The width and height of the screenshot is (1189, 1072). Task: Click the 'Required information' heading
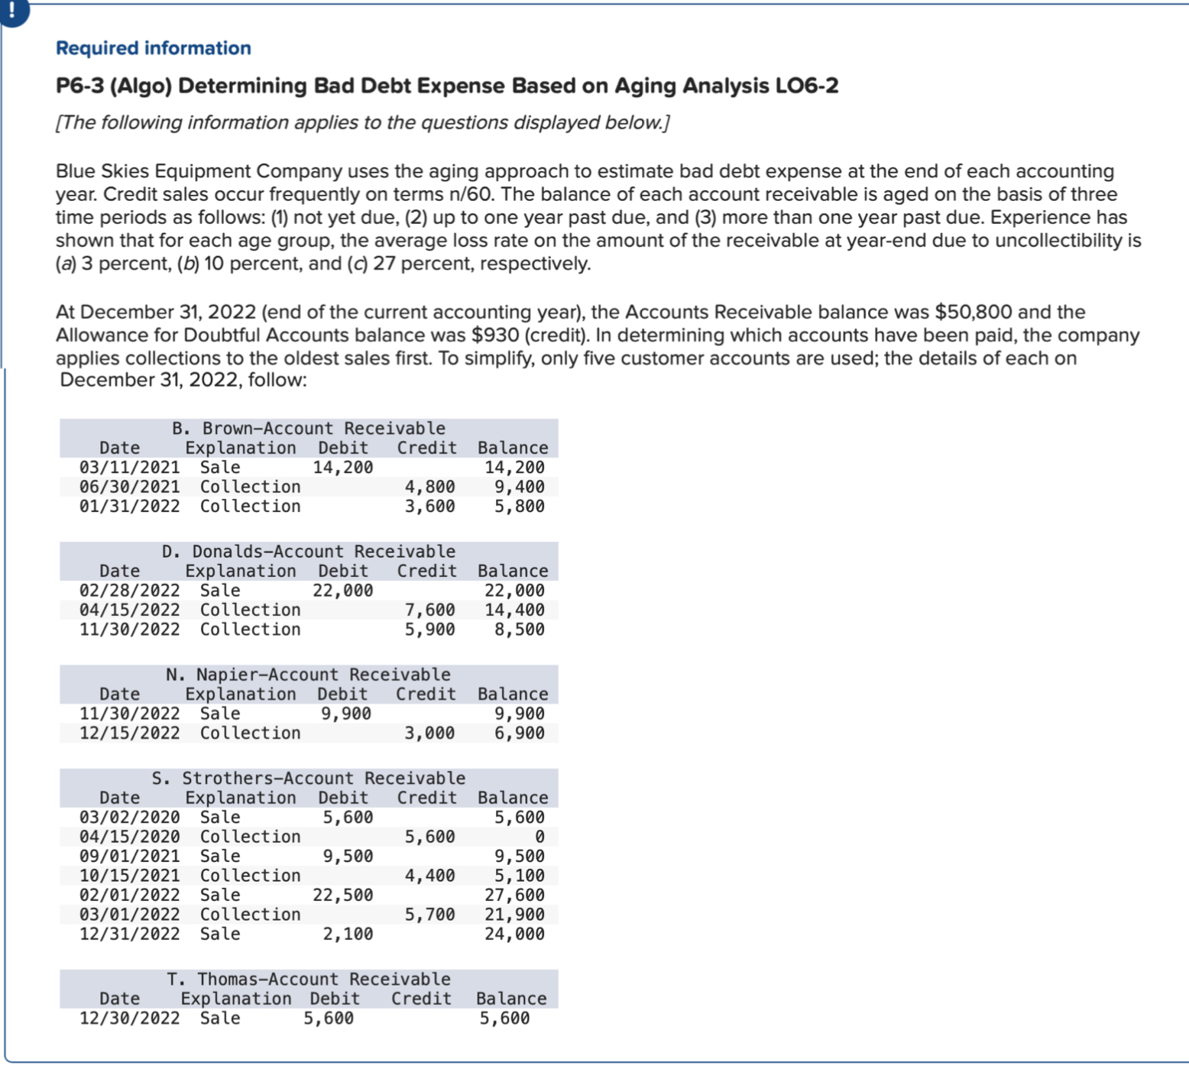click(153, 48)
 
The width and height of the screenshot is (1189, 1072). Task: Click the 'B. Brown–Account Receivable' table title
click(308, 428)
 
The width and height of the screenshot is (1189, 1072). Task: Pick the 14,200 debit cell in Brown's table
click(342, 467)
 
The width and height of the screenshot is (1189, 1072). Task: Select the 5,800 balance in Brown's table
click(519, 506)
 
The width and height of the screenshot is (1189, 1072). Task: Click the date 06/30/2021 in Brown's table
click(129, 487)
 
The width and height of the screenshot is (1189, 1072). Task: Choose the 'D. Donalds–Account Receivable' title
click(308, 551)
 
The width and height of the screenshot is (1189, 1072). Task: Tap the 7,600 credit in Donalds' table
click(429, 610)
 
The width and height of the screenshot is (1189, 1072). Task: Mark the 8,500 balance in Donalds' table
click(519, 629)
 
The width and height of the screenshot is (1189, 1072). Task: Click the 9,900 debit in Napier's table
click(345, 713)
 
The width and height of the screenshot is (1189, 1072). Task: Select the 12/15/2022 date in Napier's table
click(129, 733)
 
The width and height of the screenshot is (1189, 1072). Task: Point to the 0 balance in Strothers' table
click(539, 837)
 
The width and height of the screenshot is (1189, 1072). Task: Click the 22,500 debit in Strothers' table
click(342, 895)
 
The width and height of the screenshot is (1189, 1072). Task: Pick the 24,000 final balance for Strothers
click(514, 934)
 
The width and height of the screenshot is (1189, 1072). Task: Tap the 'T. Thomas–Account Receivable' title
click(308, 979)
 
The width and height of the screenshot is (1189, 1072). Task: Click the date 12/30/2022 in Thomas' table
click(129, 1018)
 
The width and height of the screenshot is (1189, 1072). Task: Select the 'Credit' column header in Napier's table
click(425, 694)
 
